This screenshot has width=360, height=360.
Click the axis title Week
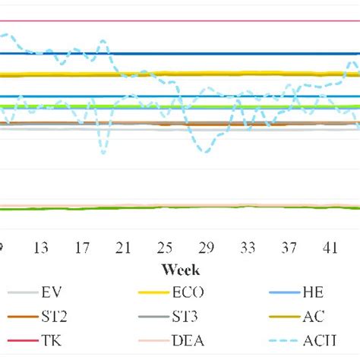(x=180, y=270)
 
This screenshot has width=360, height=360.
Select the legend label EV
(x=52, y=292)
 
